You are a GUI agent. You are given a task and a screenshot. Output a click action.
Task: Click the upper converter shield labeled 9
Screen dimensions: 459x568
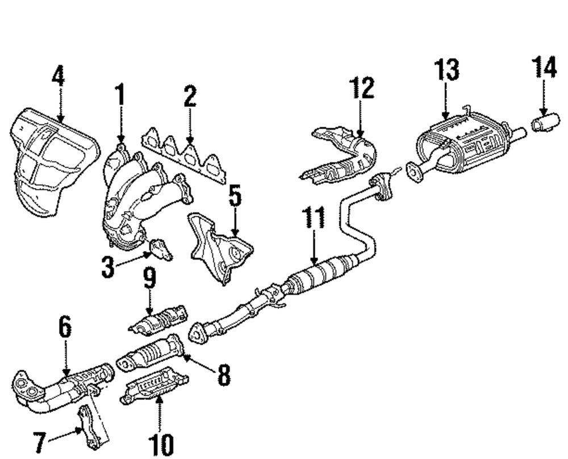159,321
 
